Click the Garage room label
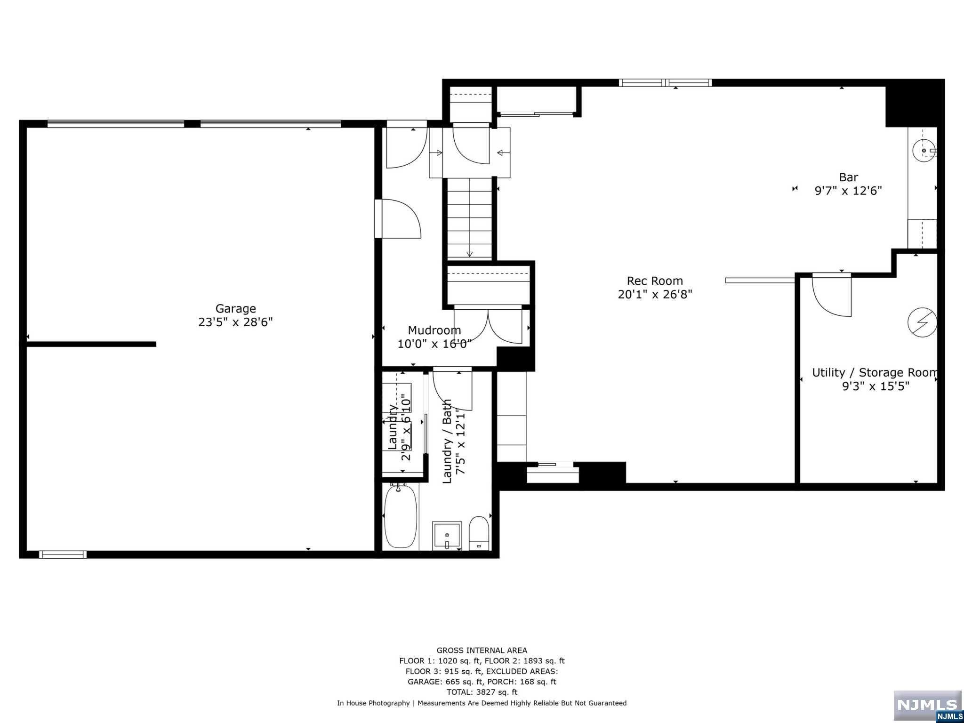pos(235,309)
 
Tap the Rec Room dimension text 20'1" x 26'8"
pos(655,294)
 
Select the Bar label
pos(848,177)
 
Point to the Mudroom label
pos(434,330)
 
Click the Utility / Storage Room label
pos(875,373)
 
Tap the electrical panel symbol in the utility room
pos(922,322)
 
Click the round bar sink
pos(924,151)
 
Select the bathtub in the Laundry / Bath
pos(401,516)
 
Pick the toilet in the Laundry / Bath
pos(479,533)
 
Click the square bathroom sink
pos(447,535)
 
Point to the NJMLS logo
pos(927,706)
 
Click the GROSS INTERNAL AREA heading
pos(482,651)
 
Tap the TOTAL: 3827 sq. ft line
pos(482,692)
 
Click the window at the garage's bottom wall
pos(63,554)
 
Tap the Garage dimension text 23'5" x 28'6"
pos(235,322)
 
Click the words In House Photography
pos(373,703)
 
